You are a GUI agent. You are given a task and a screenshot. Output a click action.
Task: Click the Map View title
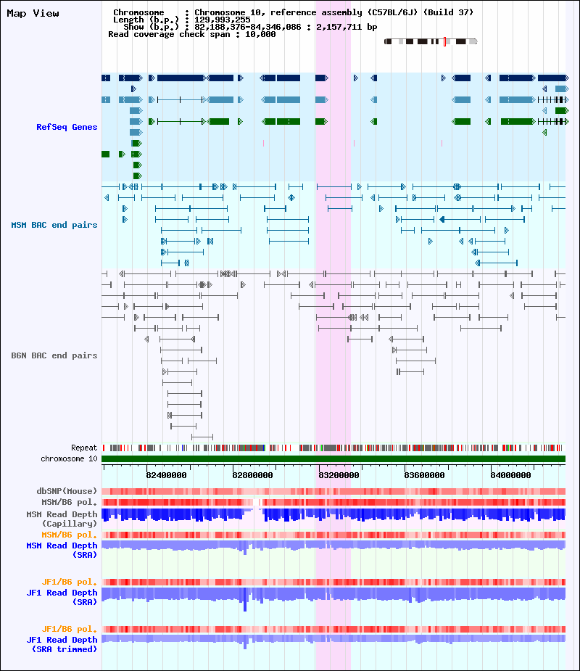tap(33, 13)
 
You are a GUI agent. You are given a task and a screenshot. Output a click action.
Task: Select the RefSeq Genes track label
tap(67, 127)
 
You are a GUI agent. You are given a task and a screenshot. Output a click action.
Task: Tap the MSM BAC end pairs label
tap(54, 225)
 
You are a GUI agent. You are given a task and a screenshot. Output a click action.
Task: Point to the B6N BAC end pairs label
tap(54, 355)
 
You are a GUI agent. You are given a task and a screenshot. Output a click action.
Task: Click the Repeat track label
tap(84, 448)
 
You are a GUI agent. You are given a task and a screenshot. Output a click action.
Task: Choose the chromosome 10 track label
tap(70, 458)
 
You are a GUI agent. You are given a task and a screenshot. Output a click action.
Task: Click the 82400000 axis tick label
tap(166, 475)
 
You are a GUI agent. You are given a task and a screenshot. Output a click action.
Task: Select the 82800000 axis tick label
tap(253, 475)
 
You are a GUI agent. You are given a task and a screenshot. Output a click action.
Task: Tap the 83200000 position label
tap(339, 475)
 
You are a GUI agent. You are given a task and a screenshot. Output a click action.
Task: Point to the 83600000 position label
tap(424, 475)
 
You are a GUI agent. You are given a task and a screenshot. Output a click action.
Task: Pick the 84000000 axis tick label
tap(510, 475)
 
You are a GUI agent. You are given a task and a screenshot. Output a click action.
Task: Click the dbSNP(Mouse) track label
tap(67, 491)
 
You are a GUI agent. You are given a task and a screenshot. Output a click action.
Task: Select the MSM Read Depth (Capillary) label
tap(62, 519)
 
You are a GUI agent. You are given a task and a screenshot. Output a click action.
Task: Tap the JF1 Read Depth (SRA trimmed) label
tap(62, 644)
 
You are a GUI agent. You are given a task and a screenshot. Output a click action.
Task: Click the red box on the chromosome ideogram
tap(445, 41)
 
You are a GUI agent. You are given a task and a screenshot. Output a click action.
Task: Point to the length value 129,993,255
tap(223, 20)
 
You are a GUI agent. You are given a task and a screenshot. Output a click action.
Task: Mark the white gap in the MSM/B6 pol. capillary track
tap(257, 503)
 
